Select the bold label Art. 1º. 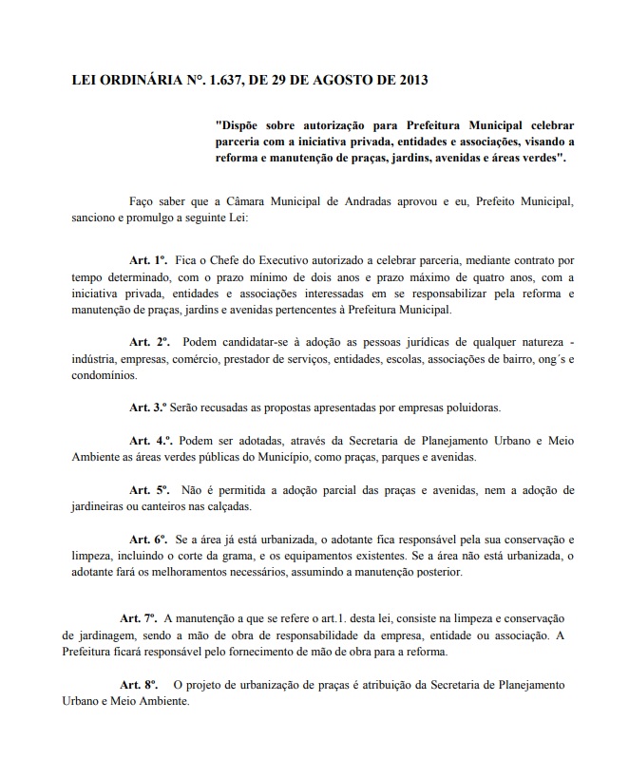[x=148, y=258]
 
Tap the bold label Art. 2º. [x=148, y=340]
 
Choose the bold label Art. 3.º [x=148, y=407]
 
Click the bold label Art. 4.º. [x=150, y=440]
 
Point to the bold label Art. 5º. [x=149, y=489]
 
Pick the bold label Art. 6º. [x=148, y=539]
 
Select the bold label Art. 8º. [x=138, y=684]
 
